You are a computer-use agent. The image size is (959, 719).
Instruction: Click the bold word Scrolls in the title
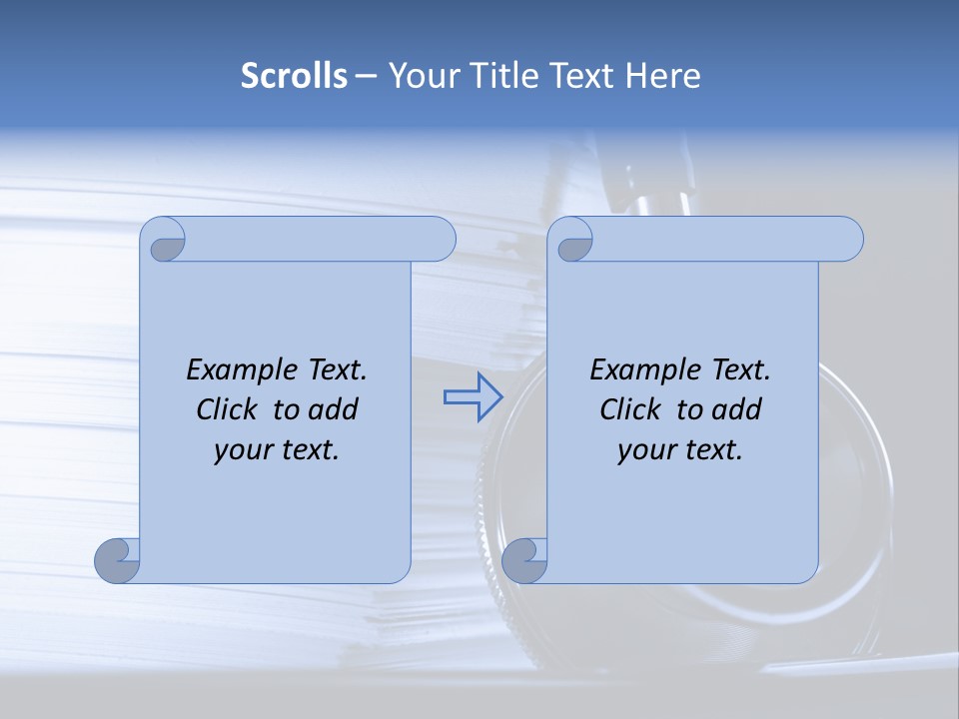(294, 76)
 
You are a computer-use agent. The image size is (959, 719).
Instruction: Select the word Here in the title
(663, 76)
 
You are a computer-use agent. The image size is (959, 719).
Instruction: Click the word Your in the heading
(420, 76)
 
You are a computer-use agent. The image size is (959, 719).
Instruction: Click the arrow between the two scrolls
(473, 397)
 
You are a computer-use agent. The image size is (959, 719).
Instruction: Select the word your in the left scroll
(241, 450)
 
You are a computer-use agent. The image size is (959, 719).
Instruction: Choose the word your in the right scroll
(644, 450)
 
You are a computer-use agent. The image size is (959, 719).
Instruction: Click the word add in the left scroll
(334, 409)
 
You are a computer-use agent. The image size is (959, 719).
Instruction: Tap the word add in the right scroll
(737, 409)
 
